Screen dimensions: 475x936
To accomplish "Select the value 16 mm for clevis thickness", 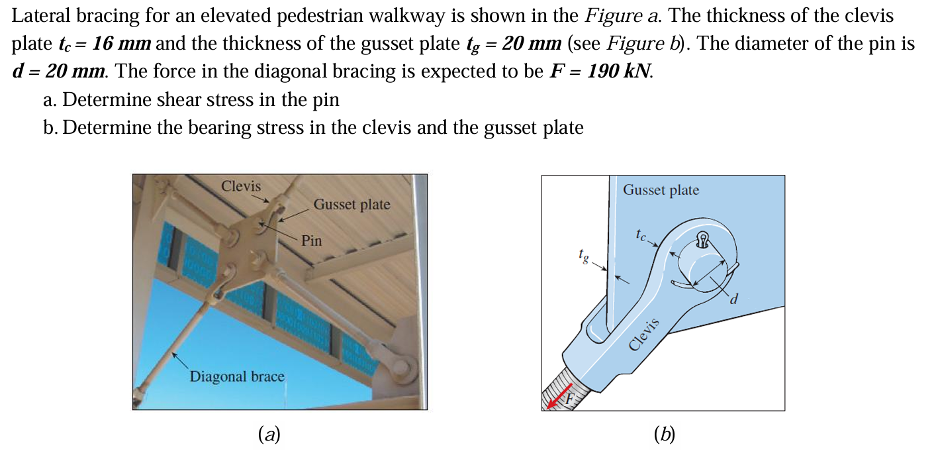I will point(122,44).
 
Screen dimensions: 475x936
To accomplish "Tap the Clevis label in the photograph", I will point(241,186).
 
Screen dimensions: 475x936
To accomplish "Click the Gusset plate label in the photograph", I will point(351,205).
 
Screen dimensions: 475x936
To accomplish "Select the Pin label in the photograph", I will point(311,240).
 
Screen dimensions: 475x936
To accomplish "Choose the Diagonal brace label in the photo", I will point(237,376).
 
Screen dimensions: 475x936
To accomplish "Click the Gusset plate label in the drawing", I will point(661,190).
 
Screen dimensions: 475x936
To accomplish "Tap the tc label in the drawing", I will point(639,234).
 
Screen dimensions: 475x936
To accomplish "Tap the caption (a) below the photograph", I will point(269,435).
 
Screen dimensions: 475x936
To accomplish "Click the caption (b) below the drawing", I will point(663,435).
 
